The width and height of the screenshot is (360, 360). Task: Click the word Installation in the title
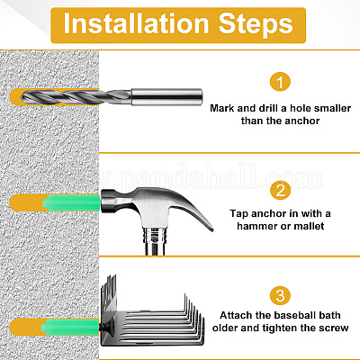(136, 23)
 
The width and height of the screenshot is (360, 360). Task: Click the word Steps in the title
(256, 25)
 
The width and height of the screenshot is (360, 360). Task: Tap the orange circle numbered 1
(280, 82)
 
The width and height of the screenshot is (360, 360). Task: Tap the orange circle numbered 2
(280, 190)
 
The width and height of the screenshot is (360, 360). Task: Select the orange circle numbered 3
(280, 295)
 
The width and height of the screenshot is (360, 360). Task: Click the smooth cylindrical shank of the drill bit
(166, 96)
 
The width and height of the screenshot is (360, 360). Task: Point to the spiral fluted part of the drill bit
(76, 97)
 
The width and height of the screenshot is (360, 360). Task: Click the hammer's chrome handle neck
(155, 241)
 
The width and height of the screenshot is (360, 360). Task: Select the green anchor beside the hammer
(71, 202)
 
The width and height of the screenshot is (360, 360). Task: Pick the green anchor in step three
(70, 327)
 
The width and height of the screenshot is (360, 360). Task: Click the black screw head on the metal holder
(107, 327)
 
